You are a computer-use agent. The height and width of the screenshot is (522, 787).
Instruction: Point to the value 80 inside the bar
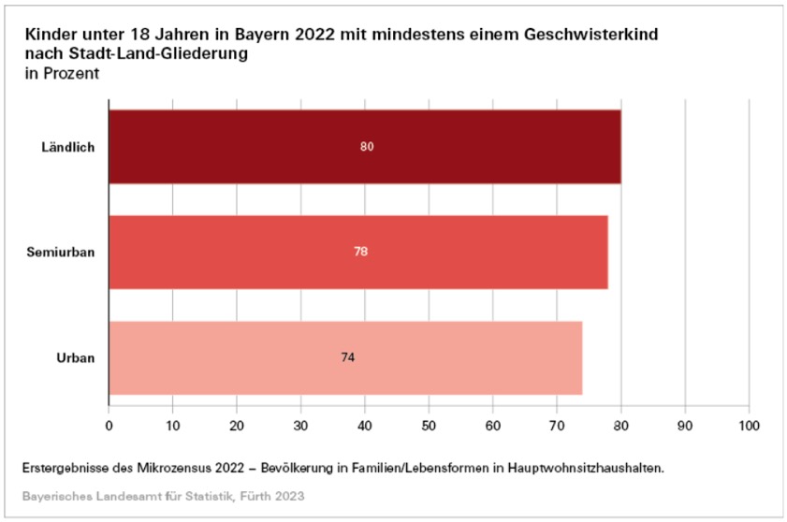tap(367, 147)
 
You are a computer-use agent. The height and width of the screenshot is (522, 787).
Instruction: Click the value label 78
tap(360, 252)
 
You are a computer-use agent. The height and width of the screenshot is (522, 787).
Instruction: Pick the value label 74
tap(348, 357)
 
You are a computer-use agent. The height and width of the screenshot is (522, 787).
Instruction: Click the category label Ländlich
tap(68, 148)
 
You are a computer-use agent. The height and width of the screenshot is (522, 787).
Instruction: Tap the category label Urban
tap(76, 357)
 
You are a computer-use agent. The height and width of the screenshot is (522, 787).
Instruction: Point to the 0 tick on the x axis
tap(109, 425)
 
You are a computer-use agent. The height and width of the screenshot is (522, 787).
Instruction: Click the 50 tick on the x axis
tap(429, 425)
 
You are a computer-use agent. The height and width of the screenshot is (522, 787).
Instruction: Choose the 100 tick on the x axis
tap(749, 425)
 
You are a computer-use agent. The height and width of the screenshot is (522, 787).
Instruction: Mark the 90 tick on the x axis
tap(685, 425)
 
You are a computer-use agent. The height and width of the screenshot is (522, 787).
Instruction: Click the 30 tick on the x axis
tap(301, 425)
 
